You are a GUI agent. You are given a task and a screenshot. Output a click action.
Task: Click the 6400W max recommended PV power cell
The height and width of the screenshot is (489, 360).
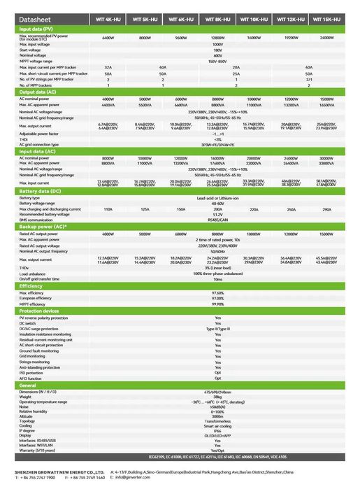108,37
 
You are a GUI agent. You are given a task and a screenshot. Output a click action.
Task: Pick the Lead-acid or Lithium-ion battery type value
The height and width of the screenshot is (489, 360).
217,198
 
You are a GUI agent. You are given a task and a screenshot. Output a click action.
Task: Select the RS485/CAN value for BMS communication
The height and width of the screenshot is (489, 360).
217,220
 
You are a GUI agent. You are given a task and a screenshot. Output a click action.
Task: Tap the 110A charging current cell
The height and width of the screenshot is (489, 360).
108,209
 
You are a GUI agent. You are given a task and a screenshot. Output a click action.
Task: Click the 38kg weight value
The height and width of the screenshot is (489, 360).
217,397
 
